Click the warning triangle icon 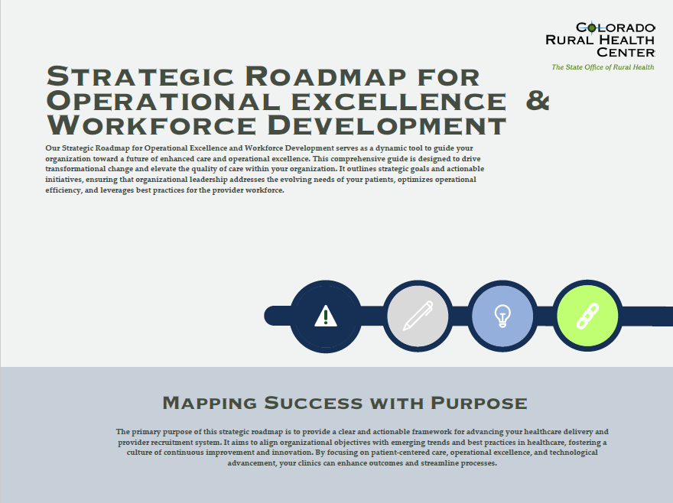(x=326, y=316)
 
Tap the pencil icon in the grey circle (x=418, y=316)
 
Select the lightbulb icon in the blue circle (x=502, y=316)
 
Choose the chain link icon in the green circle (x=587, y=316)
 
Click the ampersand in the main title (x=538, y=101)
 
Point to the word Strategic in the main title (x=141, y=76)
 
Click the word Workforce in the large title (x=151, y=125)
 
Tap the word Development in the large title (x=386, y=125)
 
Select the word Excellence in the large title (x=398, y=101)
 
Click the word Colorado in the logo (x=615, y=28)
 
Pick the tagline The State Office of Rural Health (x=603, y=67)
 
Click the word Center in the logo (x=626, y=52)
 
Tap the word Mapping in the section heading (x=210, y=404)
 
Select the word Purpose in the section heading (x=479, y=404)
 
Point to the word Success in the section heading (x=314, y=404)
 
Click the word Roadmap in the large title (x=325, y=76)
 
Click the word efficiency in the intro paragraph (x=63, y=190)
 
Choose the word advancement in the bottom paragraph (x=252, y=463)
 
